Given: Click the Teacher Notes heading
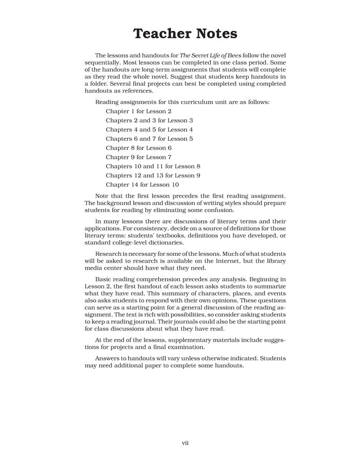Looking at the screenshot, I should [x=185, y=34].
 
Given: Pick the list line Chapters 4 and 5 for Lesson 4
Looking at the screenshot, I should [x=149, y=130].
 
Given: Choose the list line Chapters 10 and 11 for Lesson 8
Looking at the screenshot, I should [x=153, y=166].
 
